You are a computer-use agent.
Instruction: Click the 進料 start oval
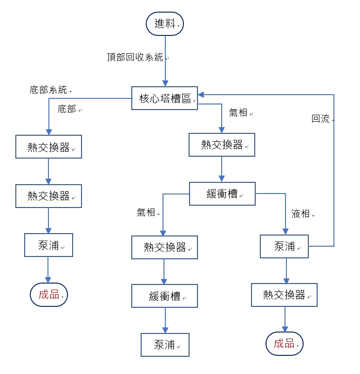point(165,23)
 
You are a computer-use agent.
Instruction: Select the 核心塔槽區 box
point(164,98)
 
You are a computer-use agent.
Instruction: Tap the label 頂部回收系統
point(135,57)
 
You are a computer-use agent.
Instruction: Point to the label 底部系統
point(48,90)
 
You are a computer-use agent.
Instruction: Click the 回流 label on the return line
point(320,119)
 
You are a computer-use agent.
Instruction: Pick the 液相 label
point(300,214)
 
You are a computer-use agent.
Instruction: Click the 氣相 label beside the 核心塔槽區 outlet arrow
point(238,112)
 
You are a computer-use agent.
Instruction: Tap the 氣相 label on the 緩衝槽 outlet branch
point(146,212)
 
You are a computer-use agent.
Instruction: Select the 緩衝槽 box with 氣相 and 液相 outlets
point(222,194)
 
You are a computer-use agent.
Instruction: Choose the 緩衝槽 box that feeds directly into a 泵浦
point(164,296)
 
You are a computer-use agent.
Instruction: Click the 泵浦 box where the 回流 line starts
point(284,246)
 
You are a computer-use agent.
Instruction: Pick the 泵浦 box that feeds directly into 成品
point(48,245)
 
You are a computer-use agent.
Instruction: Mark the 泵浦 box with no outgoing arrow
point(165,345)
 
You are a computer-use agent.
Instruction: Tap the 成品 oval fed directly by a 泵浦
point(49,295)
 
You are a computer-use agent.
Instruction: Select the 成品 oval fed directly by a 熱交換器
point(284,344)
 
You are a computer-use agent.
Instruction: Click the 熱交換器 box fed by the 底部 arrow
point(48,147)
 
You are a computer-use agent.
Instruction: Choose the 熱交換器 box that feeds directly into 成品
point(284,295)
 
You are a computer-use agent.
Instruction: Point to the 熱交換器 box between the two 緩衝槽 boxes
point(164,247)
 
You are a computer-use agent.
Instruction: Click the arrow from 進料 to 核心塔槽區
point(165,61)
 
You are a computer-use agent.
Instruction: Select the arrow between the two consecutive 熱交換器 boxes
point(48,171)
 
